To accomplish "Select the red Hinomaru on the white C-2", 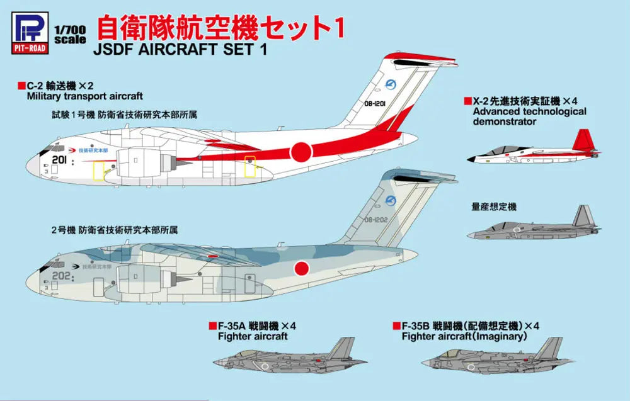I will pos(301,150).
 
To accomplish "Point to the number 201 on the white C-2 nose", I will pos(60,161).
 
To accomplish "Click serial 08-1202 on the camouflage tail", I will pos(377,221).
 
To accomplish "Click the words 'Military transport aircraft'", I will pos(84,96).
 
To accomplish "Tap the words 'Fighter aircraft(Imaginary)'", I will pos(463,336).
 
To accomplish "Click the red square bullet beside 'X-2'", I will pos(467,101).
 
